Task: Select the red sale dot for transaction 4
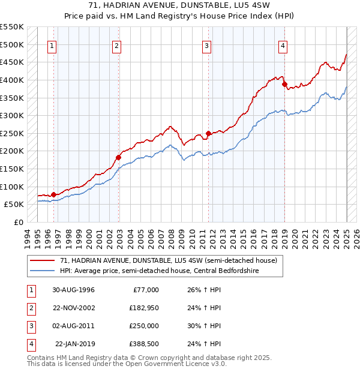pos(284,84)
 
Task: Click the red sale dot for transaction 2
pos(118,157)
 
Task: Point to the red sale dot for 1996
pos(53,194)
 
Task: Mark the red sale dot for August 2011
pos(209,133)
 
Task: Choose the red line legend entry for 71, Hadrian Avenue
pos(168,261)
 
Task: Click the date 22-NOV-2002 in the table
pos(73,308)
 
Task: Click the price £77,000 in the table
pos(145,290)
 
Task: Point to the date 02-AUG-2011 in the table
pos(73,326)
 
